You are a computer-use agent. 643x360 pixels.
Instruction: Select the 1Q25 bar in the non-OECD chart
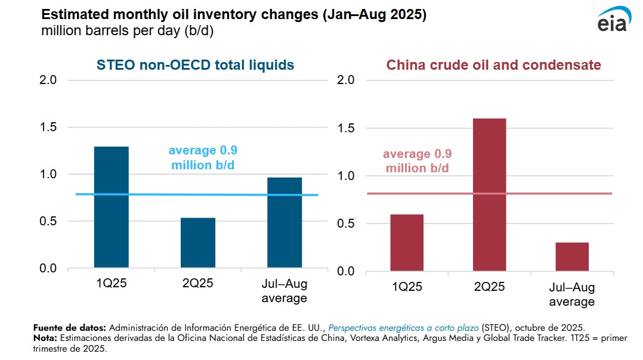pos(111,207)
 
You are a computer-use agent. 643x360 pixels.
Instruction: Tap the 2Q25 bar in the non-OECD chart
pos(198,243)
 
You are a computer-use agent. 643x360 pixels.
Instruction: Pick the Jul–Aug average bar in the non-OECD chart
pos(285,222)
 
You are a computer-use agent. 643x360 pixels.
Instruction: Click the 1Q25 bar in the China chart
pos(407,243)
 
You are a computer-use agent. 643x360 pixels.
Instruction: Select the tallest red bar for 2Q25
pos(489,195)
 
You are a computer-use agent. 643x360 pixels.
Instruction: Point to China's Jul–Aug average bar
pos(571,257)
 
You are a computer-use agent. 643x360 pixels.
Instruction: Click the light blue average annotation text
pos(202,158)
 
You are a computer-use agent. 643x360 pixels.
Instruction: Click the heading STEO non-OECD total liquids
pos(196,65)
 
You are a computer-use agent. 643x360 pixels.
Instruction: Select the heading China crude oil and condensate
pos(493,65)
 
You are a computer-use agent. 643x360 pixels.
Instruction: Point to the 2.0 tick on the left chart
pos(48,80)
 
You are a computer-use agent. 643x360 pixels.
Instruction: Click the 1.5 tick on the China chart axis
pos(347,128)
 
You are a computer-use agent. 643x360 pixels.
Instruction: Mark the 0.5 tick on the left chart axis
pos(48,222)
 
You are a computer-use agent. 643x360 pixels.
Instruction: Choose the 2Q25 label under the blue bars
pos(198,283)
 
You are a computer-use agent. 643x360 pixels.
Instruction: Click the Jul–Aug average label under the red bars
pos(571,294)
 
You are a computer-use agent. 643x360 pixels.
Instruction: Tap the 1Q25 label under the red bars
pos(407,287)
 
